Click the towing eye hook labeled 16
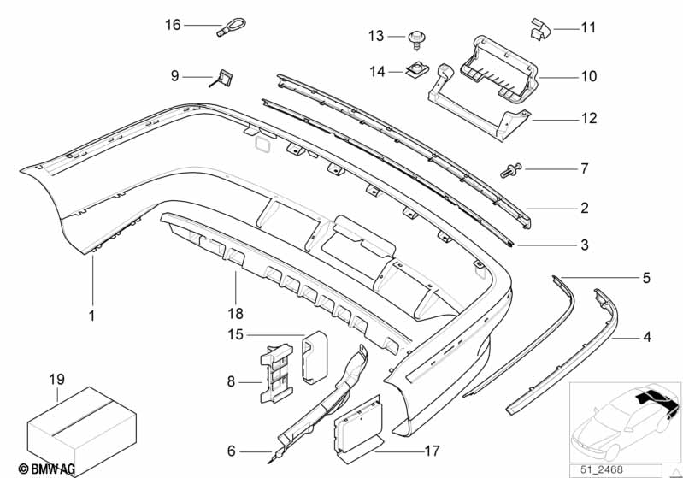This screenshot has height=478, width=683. pos(231,27)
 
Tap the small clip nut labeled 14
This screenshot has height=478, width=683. pos(417,69)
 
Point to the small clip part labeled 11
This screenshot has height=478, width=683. pos(540,29)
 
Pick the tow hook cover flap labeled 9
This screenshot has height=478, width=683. pos(223,78)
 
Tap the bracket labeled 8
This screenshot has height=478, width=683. pos(276,373)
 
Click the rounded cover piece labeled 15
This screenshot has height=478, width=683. pos(315,357)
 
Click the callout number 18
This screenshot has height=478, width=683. pos(236,313)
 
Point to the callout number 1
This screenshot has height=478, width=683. pos(92,316)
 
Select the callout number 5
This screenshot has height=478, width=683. pos(646,278)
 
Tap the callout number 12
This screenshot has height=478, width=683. pos(589,118)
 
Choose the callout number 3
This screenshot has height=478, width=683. pos(585,245)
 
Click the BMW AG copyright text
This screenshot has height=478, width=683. pos(47,469)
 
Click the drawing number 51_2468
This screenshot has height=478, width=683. pos(601,469)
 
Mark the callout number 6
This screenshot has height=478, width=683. pos(232,451)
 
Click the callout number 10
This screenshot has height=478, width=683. pos(589,76)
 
